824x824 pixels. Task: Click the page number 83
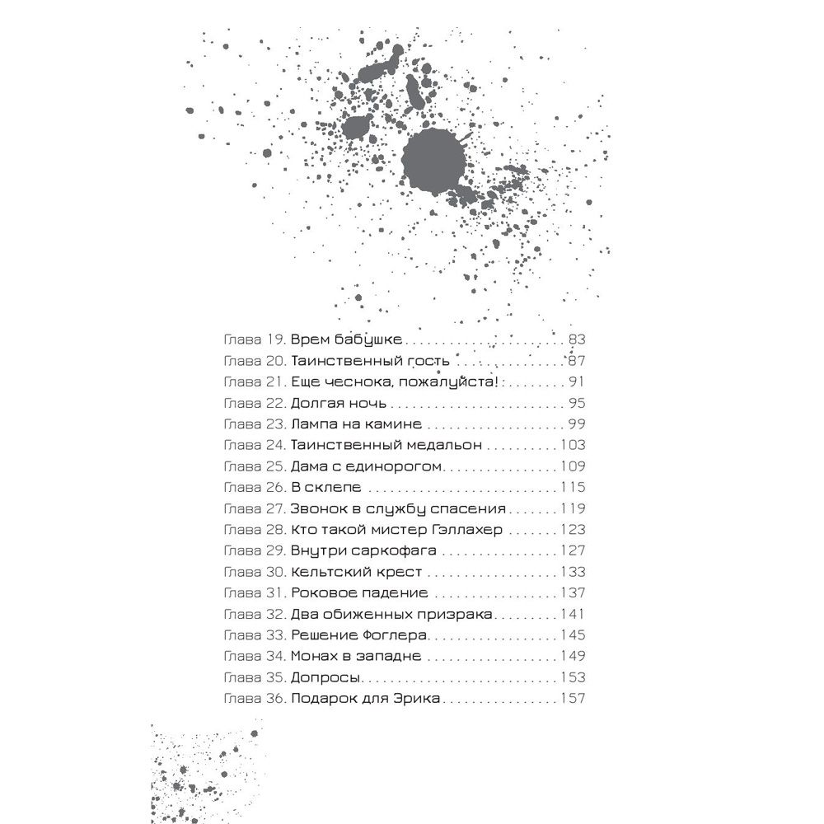pos(575,339)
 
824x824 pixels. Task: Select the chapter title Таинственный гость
pos(370,361)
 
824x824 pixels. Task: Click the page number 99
pos(575,424)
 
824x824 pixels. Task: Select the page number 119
pos(571,509)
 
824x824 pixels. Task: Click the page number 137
pos(571,593)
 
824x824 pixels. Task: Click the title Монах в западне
pos(355,657)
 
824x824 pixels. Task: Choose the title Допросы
pos(325,678)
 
